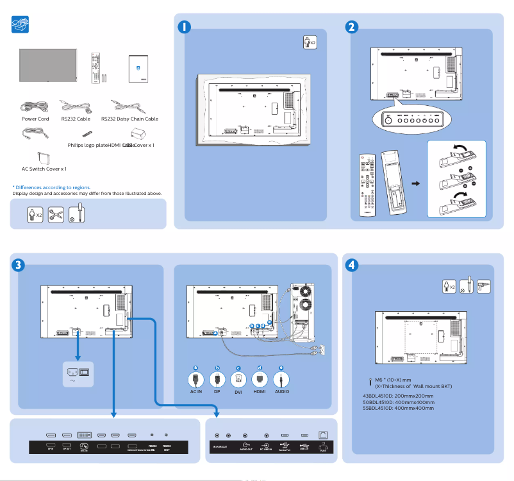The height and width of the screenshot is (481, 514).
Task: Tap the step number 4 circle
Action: coord(351,264)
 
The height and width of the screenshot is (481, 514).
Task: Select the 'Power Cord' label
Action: coord(35,119)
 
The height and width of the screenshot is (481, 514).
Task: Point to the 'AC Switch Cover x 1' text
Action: coord(44,169)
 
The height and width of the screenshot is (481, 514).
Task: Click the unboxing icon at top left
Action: coord(21,26)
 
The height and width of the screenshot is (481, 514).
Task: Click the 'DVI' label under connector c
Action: coord(238,392)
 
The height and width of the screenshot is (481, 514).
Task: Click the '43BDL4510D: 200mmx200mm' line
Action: coord(398,396)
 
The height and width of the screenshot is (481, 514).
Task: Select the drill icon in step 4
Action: coord(484,286)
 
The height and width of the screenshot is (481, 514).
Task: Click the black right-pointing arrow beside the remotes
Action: coord(415,183)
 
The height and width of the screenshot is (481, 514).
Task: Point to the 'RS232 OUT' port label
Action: coord(167,447)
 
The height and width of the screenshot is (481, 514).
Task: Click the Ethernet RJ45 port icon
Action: coord(323,436)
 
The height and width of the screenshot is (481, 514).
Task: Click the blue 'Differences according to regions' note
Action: coord(51,187)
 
